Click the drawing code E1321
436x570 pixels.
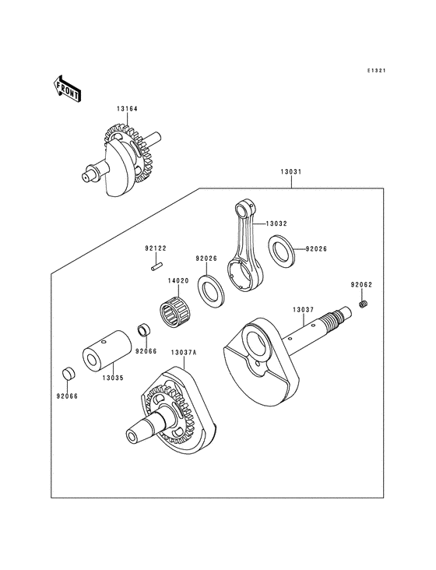pos(378,71)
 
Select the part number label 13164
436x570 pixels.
pos(128,108)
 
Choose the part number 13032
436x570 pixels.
pos(276,223)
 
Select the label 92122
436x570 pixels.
pos(154,249)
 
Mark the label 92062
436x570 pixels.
pos(360,285)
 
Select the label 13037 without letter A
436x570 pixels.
pos(304,310)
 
